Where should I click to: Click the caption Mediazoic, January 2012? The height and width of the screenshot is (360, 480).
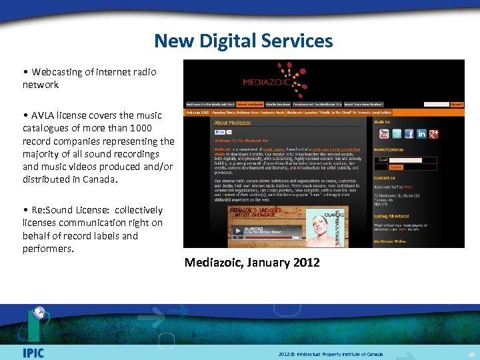252,263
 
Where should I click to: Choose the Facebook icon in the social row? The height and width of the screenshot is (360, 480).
409,134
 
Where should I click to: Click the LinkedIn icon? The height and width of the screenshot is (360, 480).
422,134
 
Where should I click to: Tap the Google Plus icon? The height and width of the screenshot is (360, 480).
434,134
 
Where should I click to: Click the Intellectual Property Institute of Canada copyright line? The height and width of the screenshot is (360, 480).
331,354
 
